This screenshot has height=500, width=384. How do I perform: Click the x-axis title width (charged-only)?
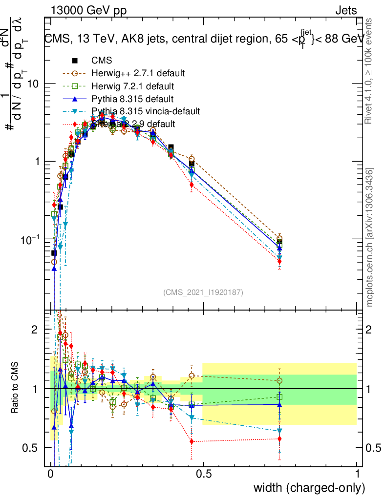(x=309, y=488)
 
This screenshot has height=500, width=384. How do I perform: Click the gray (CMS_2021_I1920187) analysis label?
(x=203, y=292)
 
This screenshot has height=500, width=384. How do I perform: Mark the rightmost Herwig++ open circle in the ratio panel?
(x=279, y=380)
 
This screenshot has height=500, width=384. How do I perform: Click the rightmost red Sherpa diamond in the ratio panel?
(x=279, y=438)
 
